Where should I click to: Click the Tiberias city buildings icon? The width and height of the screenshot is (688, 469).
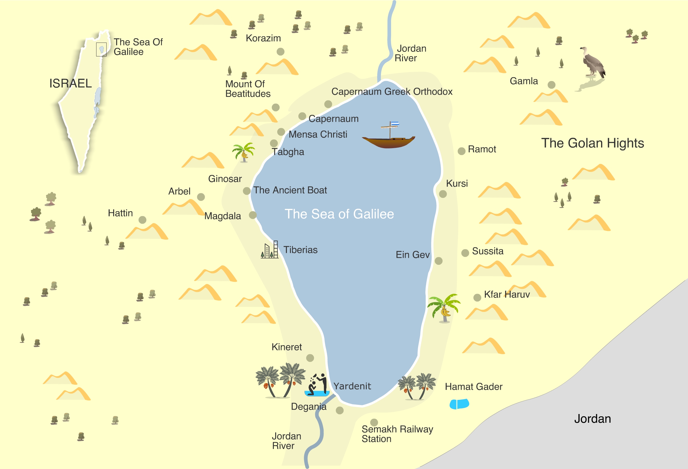click(270, 250)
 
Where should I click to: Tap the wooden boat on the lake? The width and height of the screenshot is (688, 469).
click(388, 141)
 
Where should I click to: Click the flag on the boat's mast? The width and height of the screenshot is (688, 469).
click(395, 123)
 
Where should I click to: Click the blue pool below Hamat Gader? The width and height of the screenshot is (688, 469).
click(459, 404)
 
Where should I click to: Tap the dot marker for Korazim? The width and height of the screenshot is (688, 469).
click(280, 52)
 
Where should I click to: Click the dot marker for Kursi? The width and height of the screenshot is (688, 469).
click(443, 194)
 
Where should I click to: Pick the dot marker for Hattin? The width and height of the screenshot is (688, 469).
click(143, 220)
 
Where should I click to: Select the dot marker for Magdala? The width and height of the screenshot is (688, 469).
click(253, 215)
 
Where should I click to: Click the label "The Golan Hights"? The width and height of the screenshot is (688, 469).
click(592, 143)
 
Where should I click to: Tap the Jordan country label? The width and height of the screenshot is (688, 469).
click(592, 419)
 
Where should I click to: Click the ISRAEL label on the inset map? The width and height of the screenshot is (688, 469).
click(70, 83)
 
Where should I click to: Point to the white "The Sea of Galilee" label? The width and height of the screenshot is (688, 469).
click(339, 214)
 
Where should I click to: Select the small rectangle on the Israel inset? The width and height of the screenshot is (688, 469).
click(101, 49)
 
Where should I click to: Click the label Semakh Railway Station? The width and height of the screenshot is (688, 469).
click(397, 434)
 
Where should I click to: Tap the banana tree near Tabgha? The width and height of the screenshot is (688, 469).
click(243, 152)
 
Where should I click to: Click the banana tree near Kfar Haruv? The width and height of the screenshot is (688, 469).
click(444, 308)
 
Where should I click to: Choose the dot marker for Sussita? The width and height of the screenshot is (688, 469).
click(465, 253)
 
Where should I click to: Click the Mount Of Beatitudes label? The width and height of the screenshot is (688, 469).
click(248, 89)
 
